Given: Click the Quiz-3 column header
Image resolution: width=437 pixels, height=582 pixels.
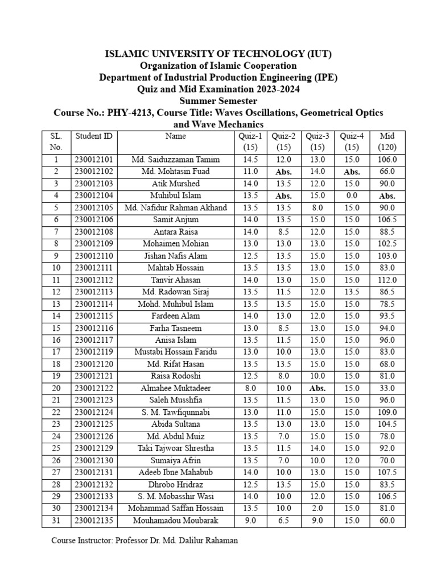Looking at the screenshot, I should (318, 136).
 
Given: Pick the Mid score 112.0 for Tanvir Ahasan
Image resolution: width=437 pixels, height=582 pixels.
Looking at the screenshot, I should (387, 280).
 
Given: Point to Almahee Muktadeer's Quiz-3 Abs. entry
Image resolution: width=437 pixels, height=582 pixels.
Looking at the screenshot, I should (318, 388).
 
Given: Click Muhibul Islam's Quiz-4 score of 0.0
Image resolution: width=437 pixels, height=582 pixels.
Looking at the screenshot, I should (352, 196).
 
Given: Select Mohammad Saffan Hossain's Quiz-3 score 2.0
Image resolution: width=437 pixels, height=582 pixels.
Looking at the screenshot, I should (318, 508).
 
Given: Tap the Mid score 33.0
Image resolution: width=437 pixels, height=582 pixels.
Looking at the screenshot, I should (387, 388).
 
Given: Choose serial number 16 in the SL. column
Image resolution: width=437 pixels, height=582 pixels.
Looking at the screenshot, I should (56, 340).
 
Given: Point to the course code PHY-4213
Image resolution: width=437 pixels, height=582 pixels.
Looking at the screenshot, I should (130, 113).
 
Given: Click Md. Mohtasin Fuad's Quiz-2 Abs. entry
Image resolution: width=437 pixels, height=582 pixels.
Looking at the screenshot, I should (283, 172).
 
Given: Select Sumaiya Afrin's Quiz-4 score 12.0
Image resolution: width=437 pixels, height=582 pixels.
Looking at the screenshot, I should (352, 460).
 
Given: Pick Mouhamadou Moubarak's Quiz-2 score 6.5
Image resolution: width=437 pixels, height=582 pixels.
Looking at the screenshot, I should (283, 520).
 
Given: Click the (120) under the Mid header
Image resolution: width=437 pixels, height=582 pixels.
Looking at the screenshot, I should (387, 147).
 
